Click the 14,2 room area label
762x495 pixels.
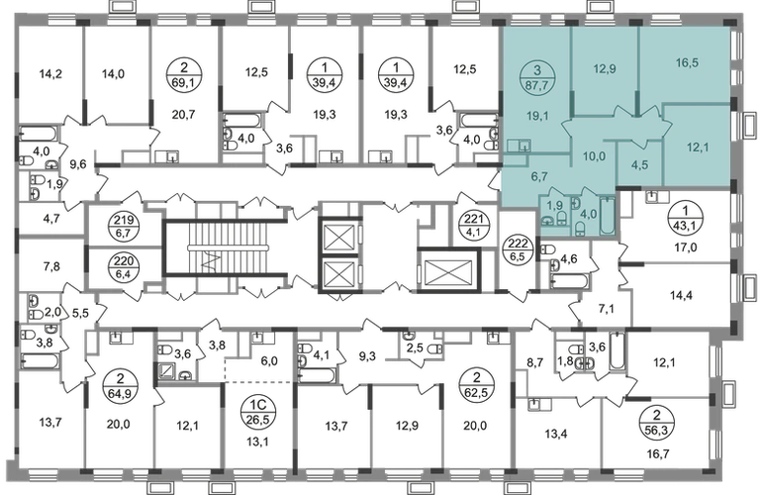tap(50, 74)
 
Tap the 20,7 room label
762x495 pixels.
tap(183, 115)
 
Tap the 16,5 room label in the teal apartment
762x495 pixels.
tap(687, 62)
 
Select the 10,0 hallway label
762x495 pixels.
tap(595, 156)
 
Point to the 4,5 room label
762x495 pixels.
tap(639, 165)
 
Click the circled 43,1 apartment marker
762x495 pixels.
tap(685, 219)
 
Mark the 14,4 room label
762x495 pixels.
tap(681, 295)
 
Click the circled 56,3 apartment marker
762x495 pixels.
tap(657, 422)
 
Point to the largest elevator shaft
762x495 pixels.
tap(448, 270)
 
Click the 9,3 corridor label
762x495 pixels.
tap(367, 356)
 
